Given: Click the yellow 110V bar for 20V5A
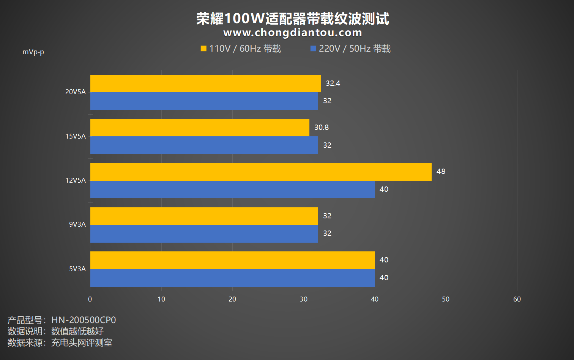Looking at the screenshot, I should (205, 84).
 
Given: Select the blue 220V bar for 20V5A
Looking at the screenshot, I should (204, 101).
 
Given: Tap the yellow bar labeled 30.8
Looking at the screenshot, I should (200, 128).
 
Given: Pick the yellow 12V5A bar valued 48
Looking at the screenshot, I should (261, 172).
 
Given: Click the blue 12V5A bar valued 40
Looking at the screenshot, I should (232, 189).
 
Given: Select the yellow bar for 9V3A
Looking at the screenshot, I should (204, 216).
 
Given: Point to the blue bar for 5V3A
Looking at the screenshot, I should (232, 278).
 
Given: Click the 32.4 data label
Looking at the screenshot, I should (333, 84).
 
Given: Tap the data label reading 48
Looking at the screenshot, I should (440, 172).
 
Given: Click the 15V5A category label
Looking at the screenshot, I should (76, 136).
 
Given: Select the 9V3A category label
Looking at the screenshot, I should (77, 224).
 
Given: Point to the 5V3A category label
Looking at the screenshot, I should (77, 269).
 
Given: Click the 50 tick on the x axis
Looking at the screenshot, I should (446, 299).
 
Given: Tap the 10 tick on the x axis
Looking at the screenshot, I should (161, 299).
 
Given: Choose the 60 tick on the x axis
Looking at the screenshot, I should (517, 299).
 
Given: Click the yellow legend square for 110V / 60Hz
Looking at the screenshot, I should (203, 49).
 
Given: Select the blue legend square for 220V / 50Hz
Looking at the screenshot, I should (313, 49).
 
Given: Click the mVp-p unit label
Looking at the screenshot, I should (33, 52).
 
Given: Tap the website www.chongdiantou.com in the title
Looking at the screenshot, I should (292, 33).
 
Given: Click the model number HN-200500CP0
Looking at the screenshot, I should (84, 320).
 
